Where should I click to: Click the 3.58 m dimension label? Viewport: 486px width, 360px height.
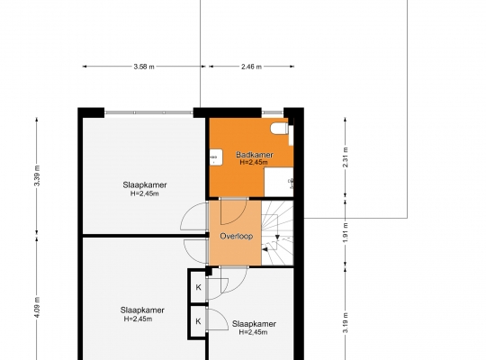(144, 67)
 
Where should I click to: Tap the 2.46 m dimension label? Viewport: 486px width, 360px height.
(251, 67)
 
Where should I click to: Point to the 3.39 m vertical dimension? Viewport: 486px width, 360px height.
(37, 175)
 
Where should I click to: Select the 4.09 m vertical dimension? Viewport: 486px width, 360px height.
(37, 307)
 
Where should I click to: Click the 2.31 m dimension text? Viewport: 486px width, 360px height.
(346, 157)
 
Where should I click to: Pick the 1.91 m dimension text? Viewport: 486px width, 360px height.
(346, 232)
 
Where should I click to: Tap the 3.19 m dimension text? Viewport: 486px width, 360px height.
(346, 323)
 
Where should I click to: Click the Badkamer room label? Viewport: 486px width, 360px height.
(255, 155)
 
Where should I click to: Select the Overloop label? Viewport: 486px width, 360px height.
(236, 236)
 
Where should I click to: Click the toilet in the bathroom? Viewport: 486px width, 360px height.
(279, 129)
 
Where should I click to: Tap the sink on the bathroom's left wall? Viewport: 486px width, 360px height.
(216, 157)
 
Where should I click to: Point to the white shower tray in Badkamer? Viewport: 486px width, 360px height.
(279, 182)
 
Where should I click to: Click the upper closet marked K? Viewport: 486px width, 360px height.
(198, 287)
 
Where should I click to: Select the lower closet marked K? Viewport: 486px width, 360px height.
(198, 321)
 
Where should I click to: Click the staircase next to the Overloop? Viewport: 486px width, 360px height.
(277, 233)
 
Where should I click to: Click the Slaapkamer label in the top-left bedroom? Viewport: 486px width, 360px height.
(145, 184)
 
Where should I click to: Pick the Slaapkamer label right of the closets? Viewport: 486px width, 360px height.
(254, 324)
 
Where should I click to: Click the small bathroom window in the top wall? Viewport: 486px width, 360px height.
(273, 112)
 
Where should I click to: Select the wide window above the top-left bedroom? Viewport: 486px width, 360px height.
(148, 112)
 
